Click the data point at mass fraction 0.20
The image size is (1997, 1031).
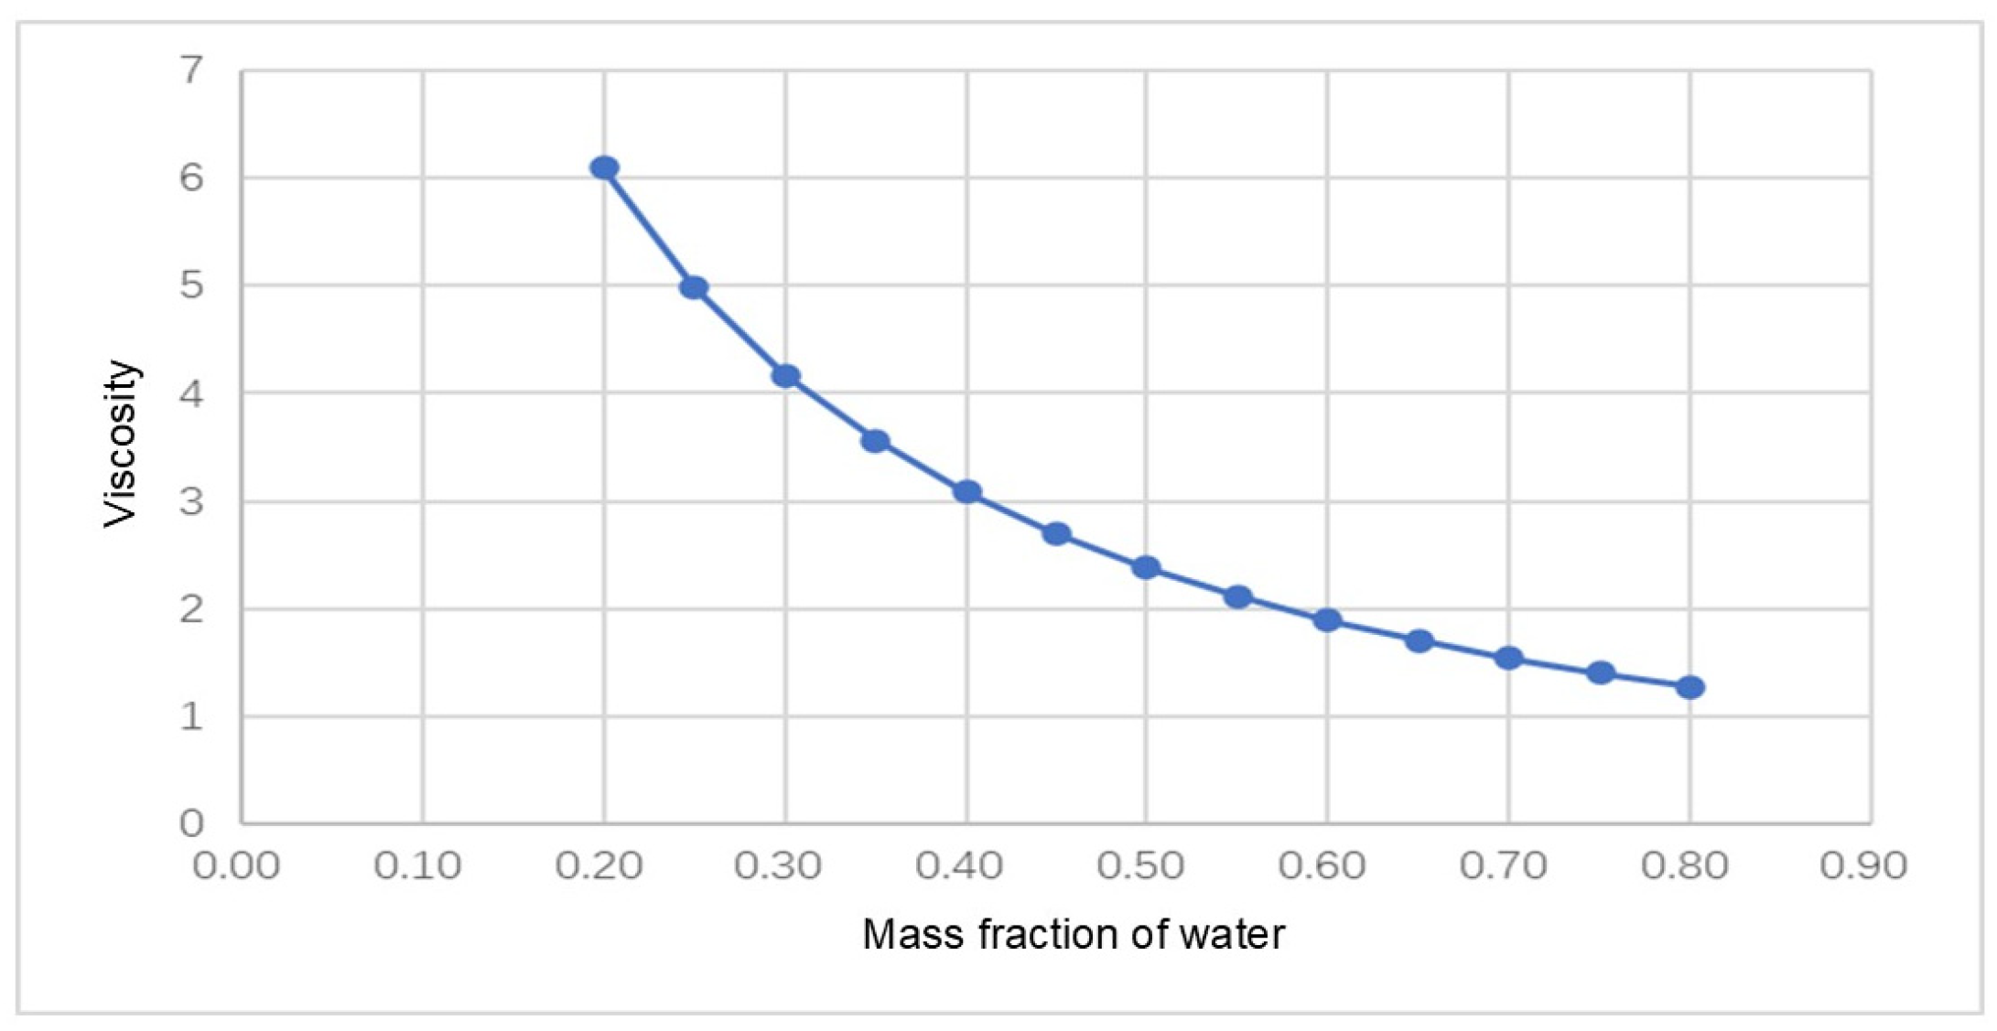tap(604, 167)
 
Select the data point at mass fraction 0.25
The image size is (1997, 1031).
tap(694, 287)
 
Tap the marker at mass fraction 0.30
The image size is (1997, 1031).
tap(785, 376)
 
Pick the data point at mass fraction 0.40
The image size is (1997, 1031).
tap(966, 492)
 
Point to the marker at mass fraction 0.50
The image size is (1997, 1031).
tap(1146, 568)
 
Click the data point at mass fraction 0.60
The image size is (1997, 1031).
tap(1327, 620)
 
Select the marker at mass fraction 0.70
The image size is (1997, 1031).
tap(1508, 658)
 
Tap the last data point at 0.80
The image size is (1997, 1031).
tap(1689, 687)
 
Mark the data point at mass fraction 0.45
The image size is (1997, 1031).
tap(1056, 533)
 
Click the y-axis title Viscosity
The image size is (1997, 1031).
tap(120, 444)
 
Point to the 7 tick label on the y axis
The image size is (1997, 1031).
tap(192, 70)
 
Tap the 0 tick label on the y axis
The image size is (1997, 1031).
tap(192, 823)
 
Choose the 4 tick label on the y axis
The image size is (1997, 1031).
tap(192, 394)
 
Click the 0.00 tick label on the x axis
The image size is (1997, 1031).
tap(236, 865)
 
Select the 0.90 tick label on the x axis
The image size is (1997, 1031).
tap(1863, 865)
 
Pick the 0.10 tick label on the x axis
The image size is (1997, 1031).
tap(417, 865)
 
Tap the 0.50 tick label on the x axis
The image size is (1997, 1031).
tap(1140, 865)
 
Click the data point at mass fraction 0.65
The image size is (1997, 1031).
tap(1419, 641)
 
